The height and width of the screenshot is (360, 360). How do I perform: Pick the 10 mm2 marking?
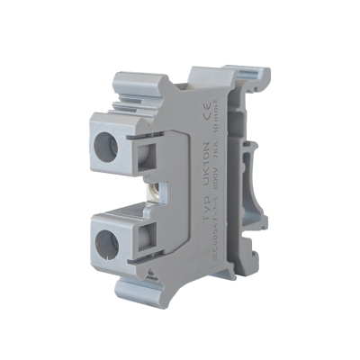click(x=224, y=103)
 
